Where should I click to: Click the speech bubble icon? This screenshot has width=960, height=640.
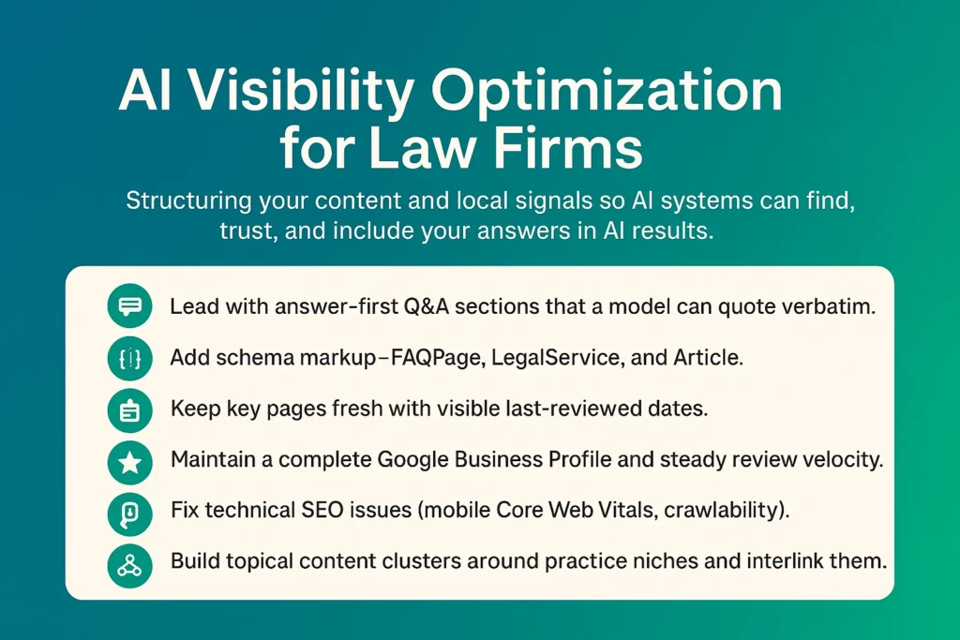pos(129,307)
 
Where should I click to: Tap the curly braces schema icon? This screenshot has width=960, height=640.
pos(129,359)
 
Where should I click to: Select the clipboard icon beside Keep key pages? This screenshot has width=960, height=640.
pos(129,410)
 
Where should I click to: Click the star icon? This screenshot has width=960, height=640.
pos(129,462)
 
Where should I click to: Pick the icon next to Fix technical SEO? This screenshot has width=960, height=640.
pos(129,513)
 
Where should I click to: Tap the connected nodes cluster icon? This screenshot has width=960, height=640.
pos(129,565)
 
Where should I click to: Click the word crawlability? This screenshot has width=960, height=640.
pos(735,513)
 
